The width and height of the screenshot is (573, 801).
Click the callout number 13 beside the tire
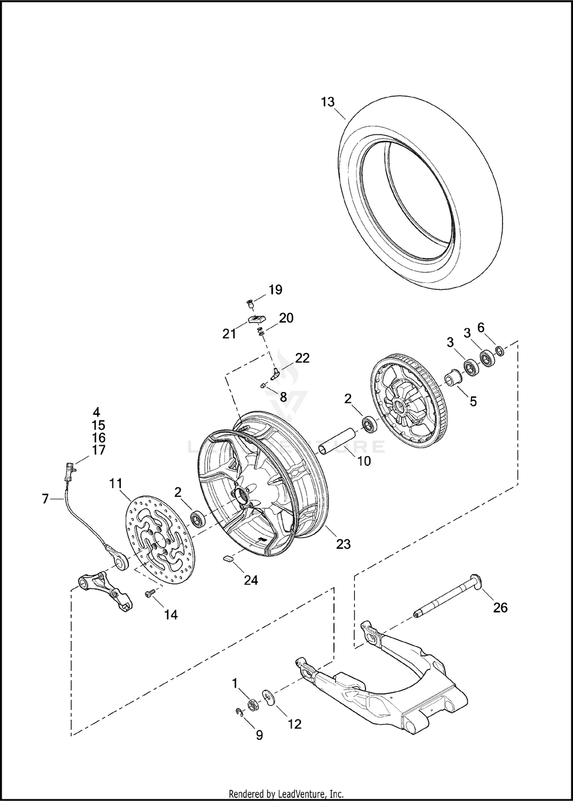point(327,103)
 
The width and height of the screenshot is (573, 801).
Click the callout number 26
point(500,607)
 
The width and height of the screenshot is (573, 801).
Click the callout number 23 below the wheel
point(343,544)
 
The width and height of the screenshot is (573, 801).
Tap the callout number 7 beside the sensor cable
point(45,498)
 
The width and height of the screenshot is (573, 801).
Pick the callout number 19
point(276,289)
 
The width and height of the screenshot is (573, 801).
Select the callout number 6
point(481,327)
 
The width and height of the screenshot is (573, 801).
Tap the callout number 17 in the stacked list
point(99,450)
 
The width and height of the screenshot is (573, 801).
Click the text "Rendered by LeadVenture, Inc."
point(286,794)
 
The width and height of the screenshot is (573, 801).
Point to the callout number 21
point(229,333)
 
